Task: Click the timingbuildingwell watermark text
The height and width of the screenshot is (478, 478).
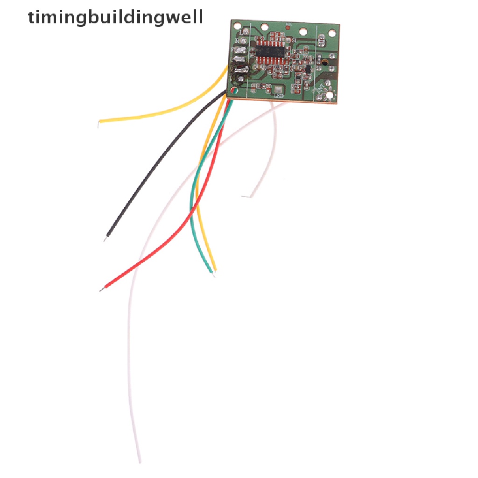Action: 115,17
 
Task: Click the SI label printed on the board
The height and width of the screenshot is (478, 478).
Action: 294,41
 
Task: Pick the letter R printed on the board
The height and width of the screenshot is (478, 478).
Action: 237,41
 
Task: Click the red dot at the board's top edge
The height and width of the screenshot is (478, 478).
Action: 287,28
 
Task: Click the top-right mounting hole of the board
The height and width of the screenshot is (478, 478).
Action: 332,33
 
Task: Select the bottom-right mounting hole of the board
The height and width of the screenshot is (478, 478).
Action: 330,95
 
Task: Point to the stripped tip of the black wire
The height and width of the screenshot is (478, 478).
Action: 105,239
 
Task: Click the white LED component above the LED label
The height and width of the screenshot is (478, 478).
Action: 279,89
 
